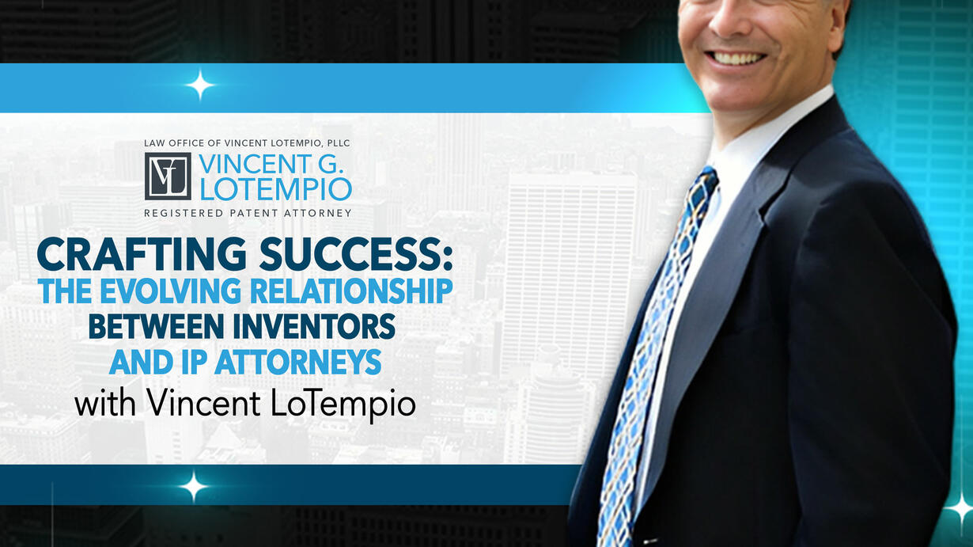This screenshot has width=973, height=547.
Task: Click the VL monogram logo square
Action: [x=168, y=176]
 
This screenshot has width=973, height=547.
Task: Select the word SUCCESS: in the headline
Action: [x=356, y=254]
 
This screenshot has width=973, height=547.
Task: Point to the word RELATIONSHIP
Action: [x=351, y=291]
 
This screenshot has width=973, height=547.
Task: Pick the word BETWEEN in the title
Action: [x=157, y=326]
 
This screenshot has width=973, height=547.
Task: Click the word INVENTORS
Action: [x=314, y=326]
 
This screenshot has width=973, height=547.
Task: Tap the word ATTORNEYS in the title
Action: [x=298, y=362]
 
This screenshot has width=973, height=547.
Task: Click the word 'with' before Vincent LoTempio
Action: [x=105, y=404]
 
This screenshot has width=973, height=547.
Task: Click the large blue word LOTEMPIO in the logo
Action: [x=276, y=189]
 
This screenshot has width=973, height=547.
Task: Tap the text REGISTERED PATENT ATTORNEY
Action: [x=248, y=213]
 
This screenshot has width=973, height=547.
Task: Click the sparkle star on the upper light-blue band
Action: [x=200, y=85]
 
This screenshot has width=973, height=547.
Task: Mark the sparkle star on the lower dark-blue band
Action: [x=194, y=485]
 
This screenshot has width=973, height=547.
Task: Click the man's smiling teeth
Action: [x=736, y=59]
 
